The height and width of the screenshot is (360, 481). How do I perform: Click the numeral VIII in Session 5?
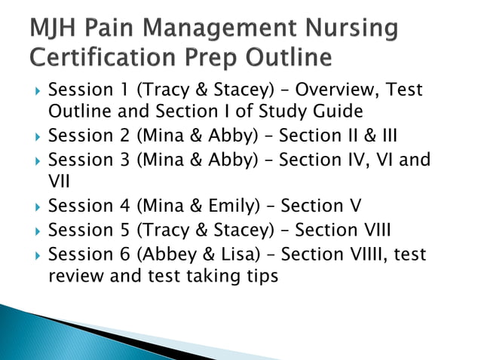point(372,230)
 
